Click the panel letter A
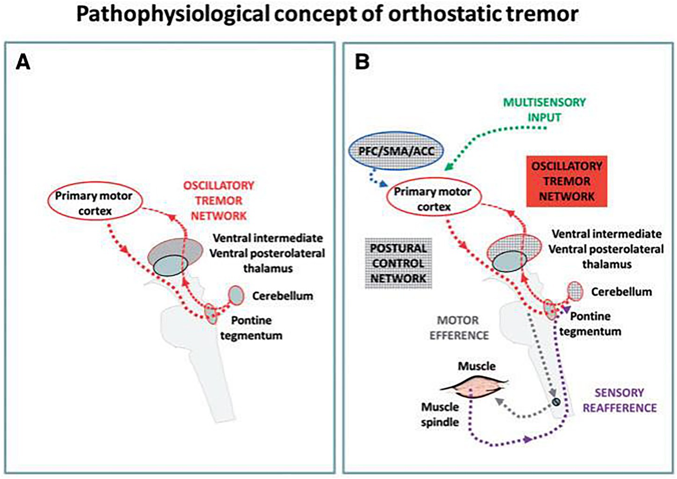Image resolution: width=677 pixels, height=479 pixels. (x=23, y=62)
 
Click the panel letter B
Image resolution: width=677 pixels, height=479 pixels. (x=362, y=62)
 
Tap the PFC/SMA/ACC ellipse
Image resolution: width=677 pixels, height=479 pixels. (x=396, y=151)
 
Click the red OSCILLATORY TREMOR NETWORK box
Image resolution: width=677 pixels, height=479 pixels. (x=567, y=181)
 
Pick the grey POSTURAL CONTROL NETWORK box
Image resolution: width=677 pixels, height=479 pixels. (x=398, y=263)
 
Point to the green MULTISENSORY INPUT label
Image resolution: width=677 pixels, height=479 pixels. (x=545, y=109)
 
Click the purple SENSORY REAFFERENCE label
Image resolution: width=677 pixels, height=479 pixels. (x=619, y=400)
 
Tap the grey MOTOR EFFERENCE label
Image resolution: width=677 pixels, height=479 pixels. (x=459, y=328)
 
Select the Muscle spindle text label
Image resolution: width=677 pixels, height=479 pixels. (x=439, y=415)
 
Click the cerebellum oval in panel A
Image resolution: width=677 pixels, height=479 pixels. (x=236, y=295)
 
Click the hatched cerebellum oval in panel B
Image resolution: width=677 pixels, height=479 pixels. (x=575, y=291)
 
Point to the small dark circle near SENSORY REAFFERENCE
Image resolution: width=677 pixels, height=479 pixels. (x=556, y=401)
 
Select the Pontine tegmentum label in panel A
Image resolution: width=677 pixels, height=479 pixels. (x=251, y=328)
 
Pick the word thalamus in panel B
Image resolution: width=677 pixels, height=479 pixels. (x=607, y=264)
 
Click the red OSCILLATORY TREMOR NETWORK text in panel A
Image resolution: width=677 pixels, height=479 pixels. (x=218, y=200)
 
